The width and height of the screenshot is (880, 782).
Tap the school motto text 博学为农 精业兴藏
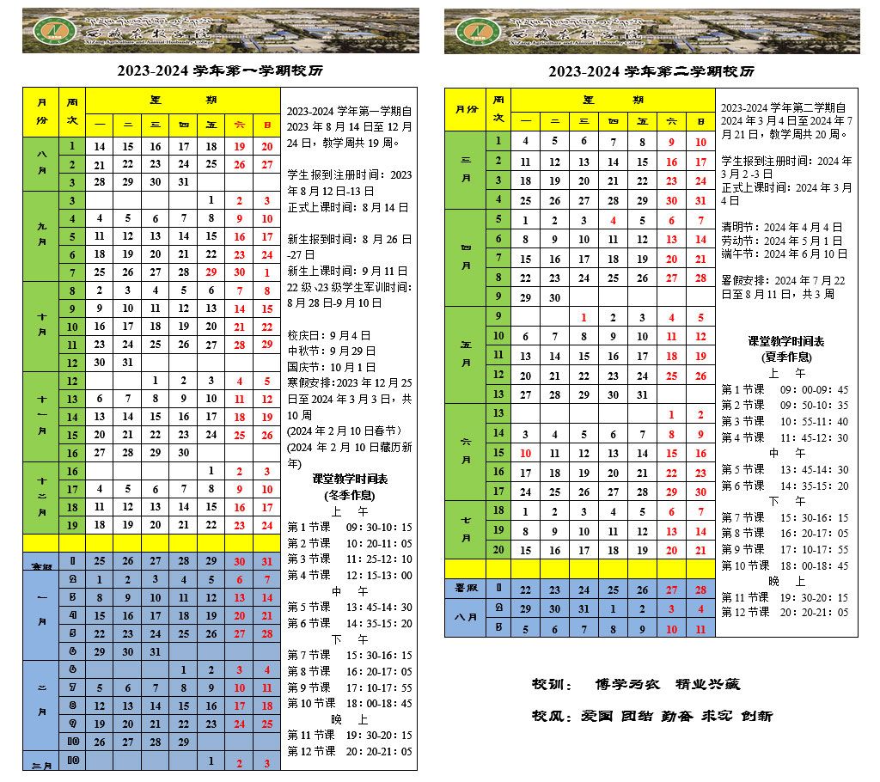668,685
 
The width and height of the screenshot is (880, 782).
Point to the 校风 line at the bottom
652,715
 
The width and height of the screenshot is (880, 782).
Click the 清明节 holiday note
782,227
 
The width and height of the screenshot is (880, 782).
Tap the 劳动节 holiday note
782,241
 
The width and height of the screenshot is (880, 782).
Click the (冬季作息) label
349,495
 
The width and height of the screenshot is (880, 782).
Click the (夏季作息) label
786,357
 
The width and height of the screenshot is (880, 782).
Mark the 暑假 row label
466,590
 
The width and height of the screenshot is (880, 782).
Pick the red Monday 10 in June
526,453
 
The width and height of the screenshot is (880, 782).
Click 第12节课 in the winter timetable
350,751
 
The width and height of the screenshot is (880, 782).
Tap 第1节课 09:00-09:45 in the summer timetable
785,389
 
